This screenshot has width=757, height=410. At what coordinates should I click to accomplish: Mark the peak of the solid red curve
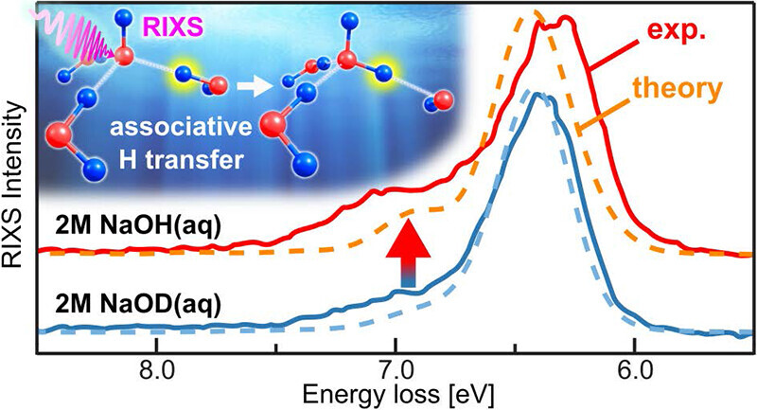(566, 18)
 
